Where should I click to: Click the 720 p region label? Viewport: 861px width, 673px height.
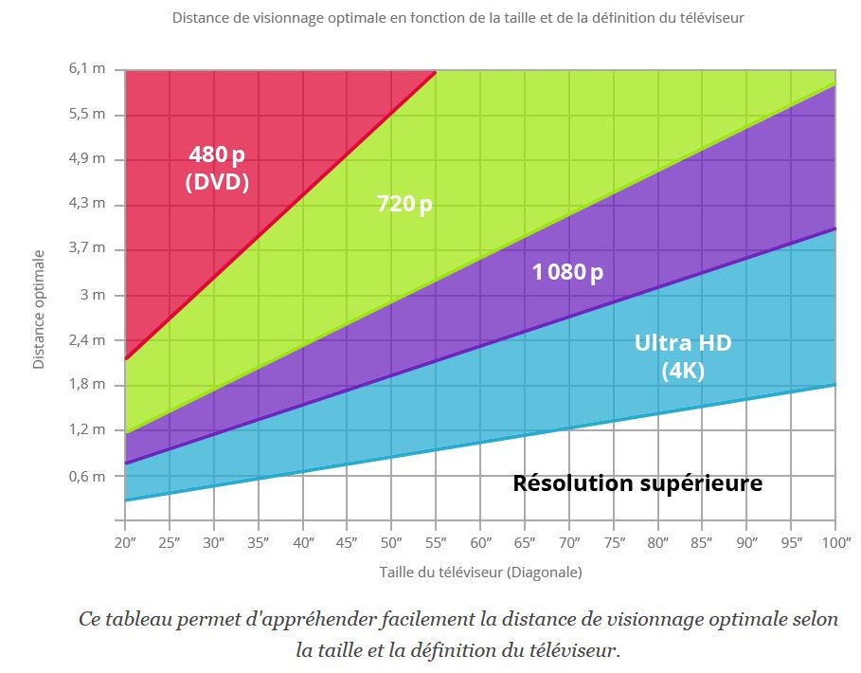click(x=404, y=203)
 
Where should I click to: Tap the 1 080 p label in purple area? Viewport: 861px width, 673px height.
click(x=567, y=272)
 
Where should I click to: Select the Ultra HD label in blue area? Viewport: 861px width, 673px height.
click(x=683, y=342)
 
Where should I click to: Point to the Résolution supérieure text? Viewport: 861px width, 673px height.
click(x=637, y=483)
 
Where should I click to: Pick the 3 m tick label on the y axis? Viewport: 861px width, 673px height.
click(x=93, y=295)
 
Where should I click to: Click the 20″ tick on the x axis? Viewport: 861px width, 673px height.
click(x=125, y=542)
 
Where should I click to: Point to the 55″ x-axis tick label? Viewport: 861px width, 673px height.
click(x=436, y=542)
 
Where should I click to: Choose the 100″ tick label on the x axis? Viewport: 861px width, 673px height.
click(x=834, y=542)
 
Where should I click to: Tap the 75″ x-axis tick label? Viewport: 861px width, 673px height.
click(x=614, y=542)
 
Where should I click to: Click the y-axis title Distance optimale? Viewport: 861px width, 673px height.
click(x=39, y=309)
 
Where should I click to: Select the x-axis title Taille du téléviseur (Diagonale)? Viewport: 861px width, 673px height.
click(x=480, y=573)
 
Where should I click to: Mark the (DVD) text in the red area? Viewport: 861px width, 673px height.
click(x=217, y=182)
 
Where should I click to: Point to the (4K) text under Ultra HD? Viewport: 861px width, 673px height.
click(x=683, y=371)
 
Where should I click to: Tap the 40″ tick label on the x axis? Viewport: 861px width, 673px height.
click(x=303, y=542)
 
